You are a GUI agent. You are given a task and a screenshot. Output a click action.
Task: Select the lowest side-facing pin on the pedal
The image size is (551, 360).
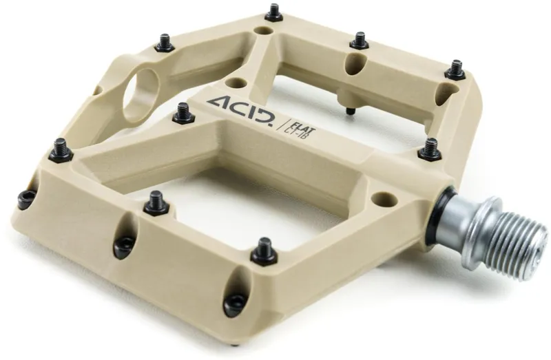coord(236,301)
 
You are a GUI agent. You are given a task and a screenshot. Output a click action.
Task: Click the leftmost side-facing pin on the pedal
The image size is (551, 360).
coord(25,200)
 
